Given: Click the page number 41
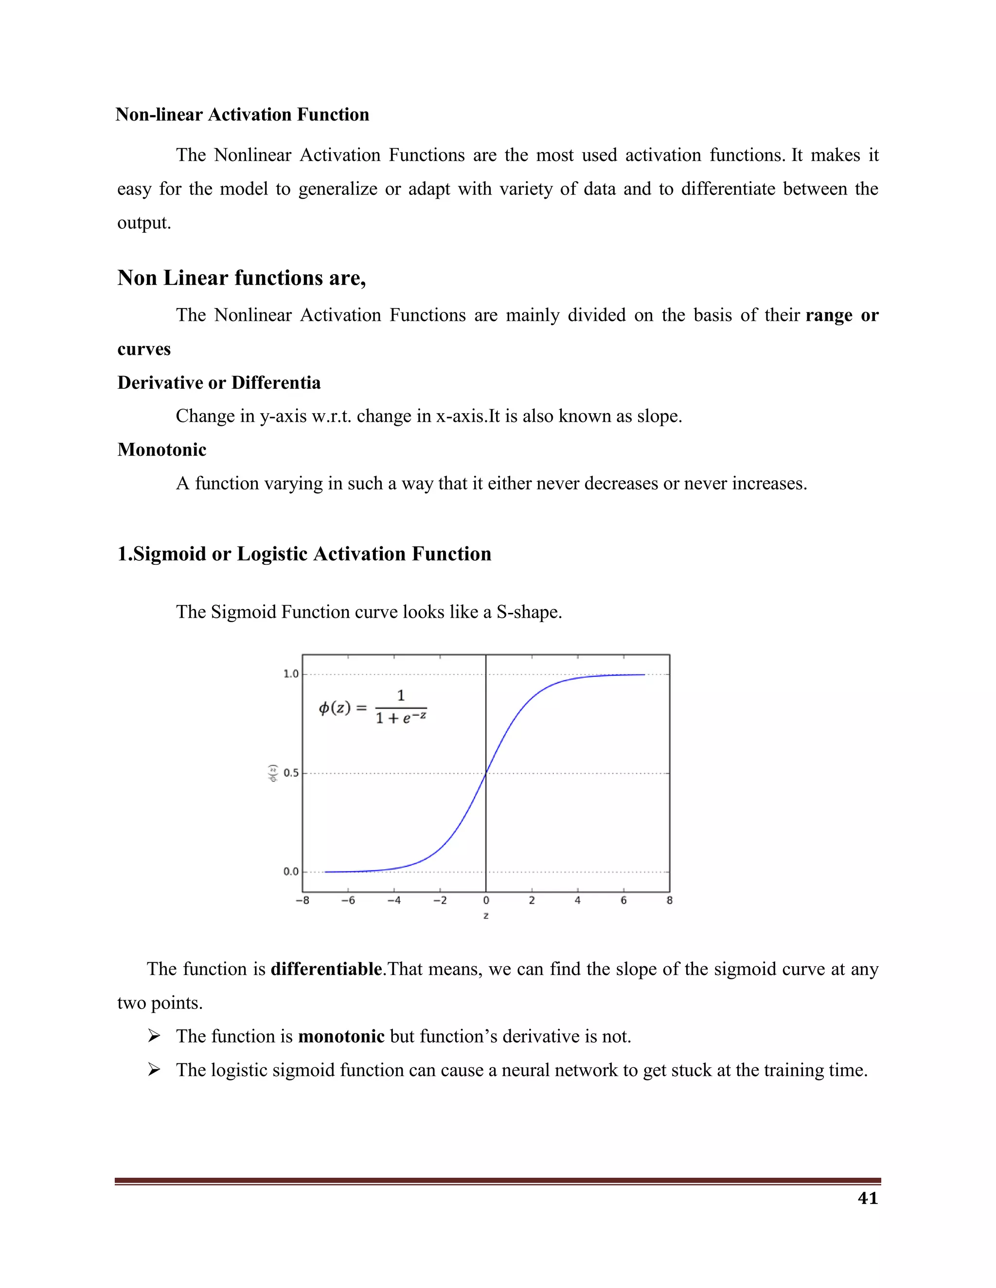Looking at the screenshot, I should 868,1198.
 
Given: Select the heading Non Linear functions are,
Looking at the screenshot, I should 241,278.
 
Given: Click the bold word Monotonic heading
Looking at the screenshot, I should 161,450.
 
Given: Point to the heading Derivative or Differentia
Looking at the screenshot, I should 219,383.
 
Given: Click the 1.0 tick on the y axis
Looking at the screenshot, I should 291,674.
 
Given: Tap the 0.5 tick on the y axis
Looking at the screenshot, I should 291,773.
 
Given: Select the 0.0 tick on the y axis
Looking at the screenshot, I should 291,871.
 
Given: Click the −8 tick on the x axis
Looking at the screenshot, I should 302,901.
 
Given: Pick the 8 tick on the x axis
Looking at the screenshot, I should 669,901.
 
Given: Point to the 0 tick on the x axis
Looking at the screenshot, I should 486,901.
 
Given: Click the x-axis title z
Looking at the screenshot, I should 486,916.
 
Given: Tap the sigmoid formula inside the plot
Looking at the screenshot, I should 373,707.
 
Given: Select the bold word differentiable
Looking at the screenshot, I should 326,969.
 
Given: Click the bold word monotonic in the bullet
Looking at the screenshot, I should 341,1036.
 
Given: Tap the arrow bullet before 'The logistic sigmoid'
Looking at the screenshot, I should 154,1070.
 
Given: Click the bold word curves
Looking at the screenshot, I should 144,349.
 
